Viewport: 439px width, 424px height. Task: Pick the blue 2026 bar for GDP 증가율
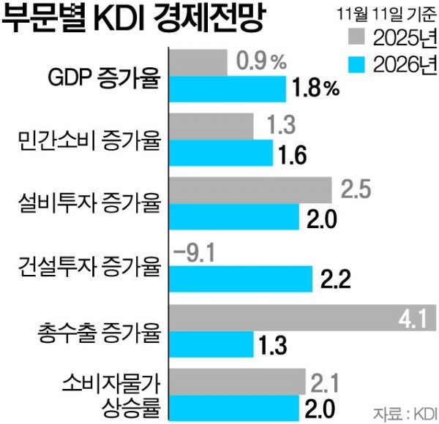(228, 88)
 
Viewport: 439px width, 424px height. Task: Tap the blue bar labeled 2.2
(241, 278)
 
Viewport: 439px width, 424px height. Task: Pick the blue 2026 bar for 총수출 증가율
(211, 344)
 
